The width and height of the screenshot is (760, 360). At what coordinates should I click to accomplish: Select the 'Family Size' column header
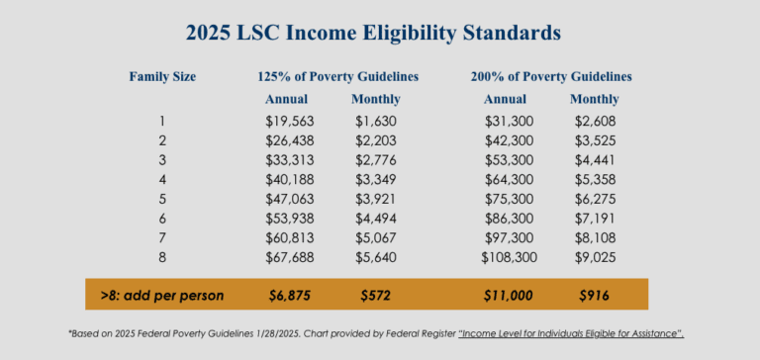(x=162, y=76)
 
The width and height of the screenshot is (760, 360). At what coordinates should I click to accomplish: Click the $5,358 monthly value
(x=595, y=179)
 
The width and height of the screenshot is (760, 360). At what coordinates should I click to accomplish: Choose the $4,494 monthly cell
(x=375, y=217)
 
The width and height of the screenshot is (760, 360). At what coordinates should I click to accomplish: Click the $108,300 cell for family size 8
(x=502, y=255)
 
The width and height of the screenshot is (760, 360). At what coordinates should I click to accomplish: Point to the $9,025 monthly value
(x=595, y=255)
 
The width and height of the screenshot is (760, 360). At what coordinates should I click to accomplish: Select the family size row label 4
(x=162, y=179)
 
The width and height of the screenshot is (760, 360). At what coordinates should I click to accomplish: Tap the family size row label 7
(x=162, y=236)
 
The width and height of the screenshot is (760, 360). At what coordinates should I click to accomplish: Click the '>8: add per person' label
(x=162, y=295)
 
